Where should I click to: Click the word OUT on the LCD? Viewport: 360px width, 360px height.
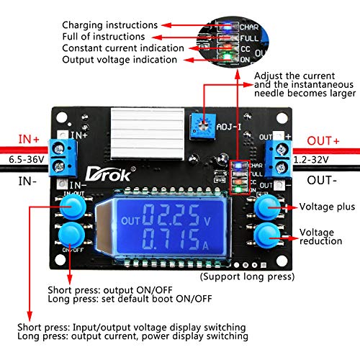(x=132, y=220)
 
